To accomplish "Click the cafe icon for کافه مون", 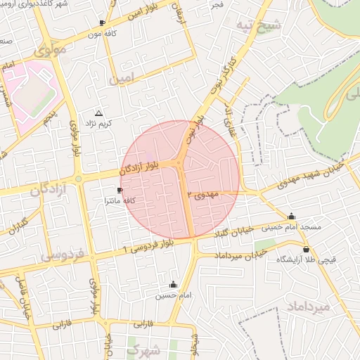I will pyautogui.click(x=103, y=22).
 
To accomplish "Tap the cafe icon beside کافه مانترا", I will pyautogui.click(x=120, y=191).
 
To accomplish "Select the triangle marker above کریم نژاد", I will pyautogui.click(x=98, y=112).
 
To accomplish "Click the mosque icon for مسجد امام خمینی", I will pyautogui.click(x=291, y=216).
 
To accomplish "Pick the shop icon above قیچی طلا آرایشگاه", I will pyautogui.click(x=306, y=249).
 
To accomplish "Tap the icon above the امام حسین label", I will pyautogui.click(x=174, y=285).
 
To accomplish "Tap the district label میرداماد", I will pyautogui.click(x=309, y=307).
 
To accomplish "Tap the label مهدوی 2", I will pyautogui.click(x=204, y=193).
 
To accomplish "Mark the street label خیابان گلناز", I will pyautogui.click(x=216, y=233).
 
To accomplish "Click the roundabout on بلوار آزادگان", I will pyautogui.click(x=79, y=179).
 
